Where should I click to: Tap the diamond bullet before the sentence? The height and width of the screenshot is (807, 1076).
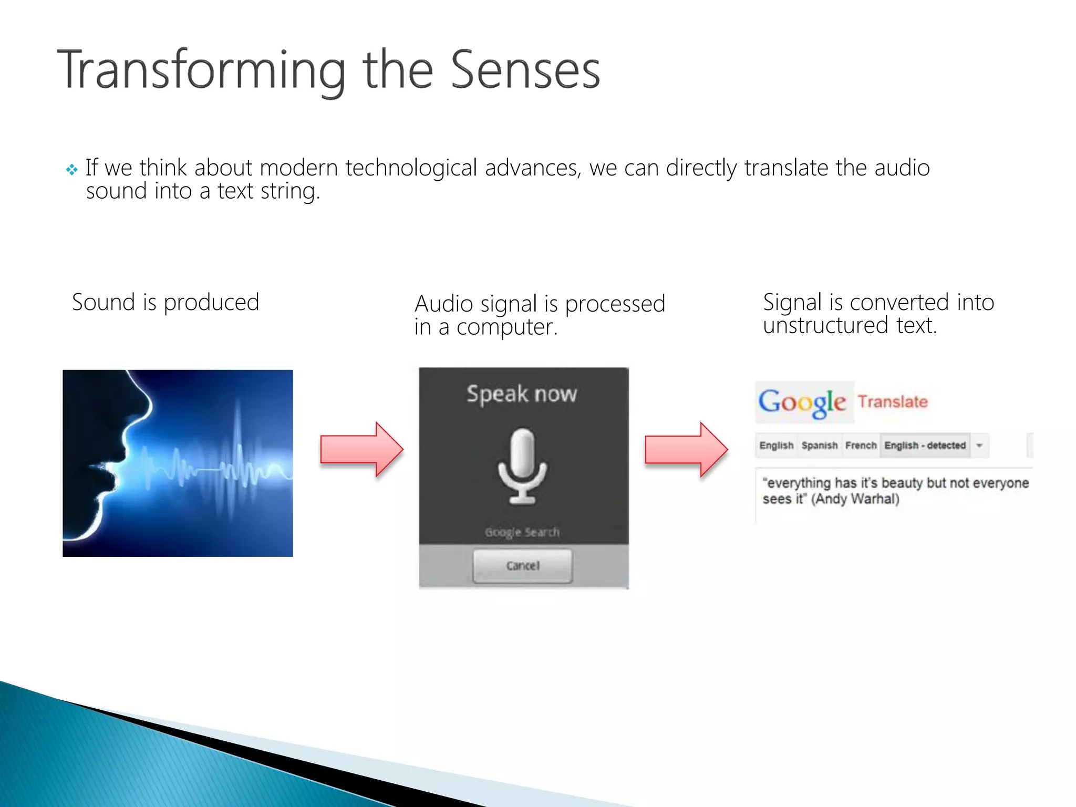[71, 170]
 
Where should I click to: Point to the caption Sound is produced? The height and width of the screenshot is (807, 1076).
[165, 303]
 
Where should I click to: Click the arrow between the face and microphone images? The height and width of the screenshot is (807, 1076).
[361, 450]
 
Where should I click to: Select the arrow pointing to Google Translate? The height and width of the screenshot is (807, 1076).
[686, 450]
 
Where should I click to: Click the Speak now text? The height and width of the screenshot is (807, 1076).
[522, 394]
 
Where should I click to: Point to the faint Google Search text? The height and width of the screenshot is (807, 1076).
[522, 532]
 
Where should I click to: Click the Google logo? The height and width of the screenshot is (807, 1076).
[802, 402]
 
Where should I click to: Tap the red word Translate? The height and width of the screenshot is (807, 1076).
[893, 402]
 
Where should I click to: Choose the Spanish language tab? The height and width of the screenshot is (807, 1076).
[819, 446]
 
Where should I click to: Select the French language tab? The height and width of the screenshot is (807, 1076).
[861, 446]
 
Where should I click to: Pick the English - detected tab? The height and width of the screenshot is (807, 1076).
[925, 446]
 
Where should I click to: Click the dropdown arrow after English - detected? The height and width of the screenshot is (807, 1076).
[979, 446]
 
